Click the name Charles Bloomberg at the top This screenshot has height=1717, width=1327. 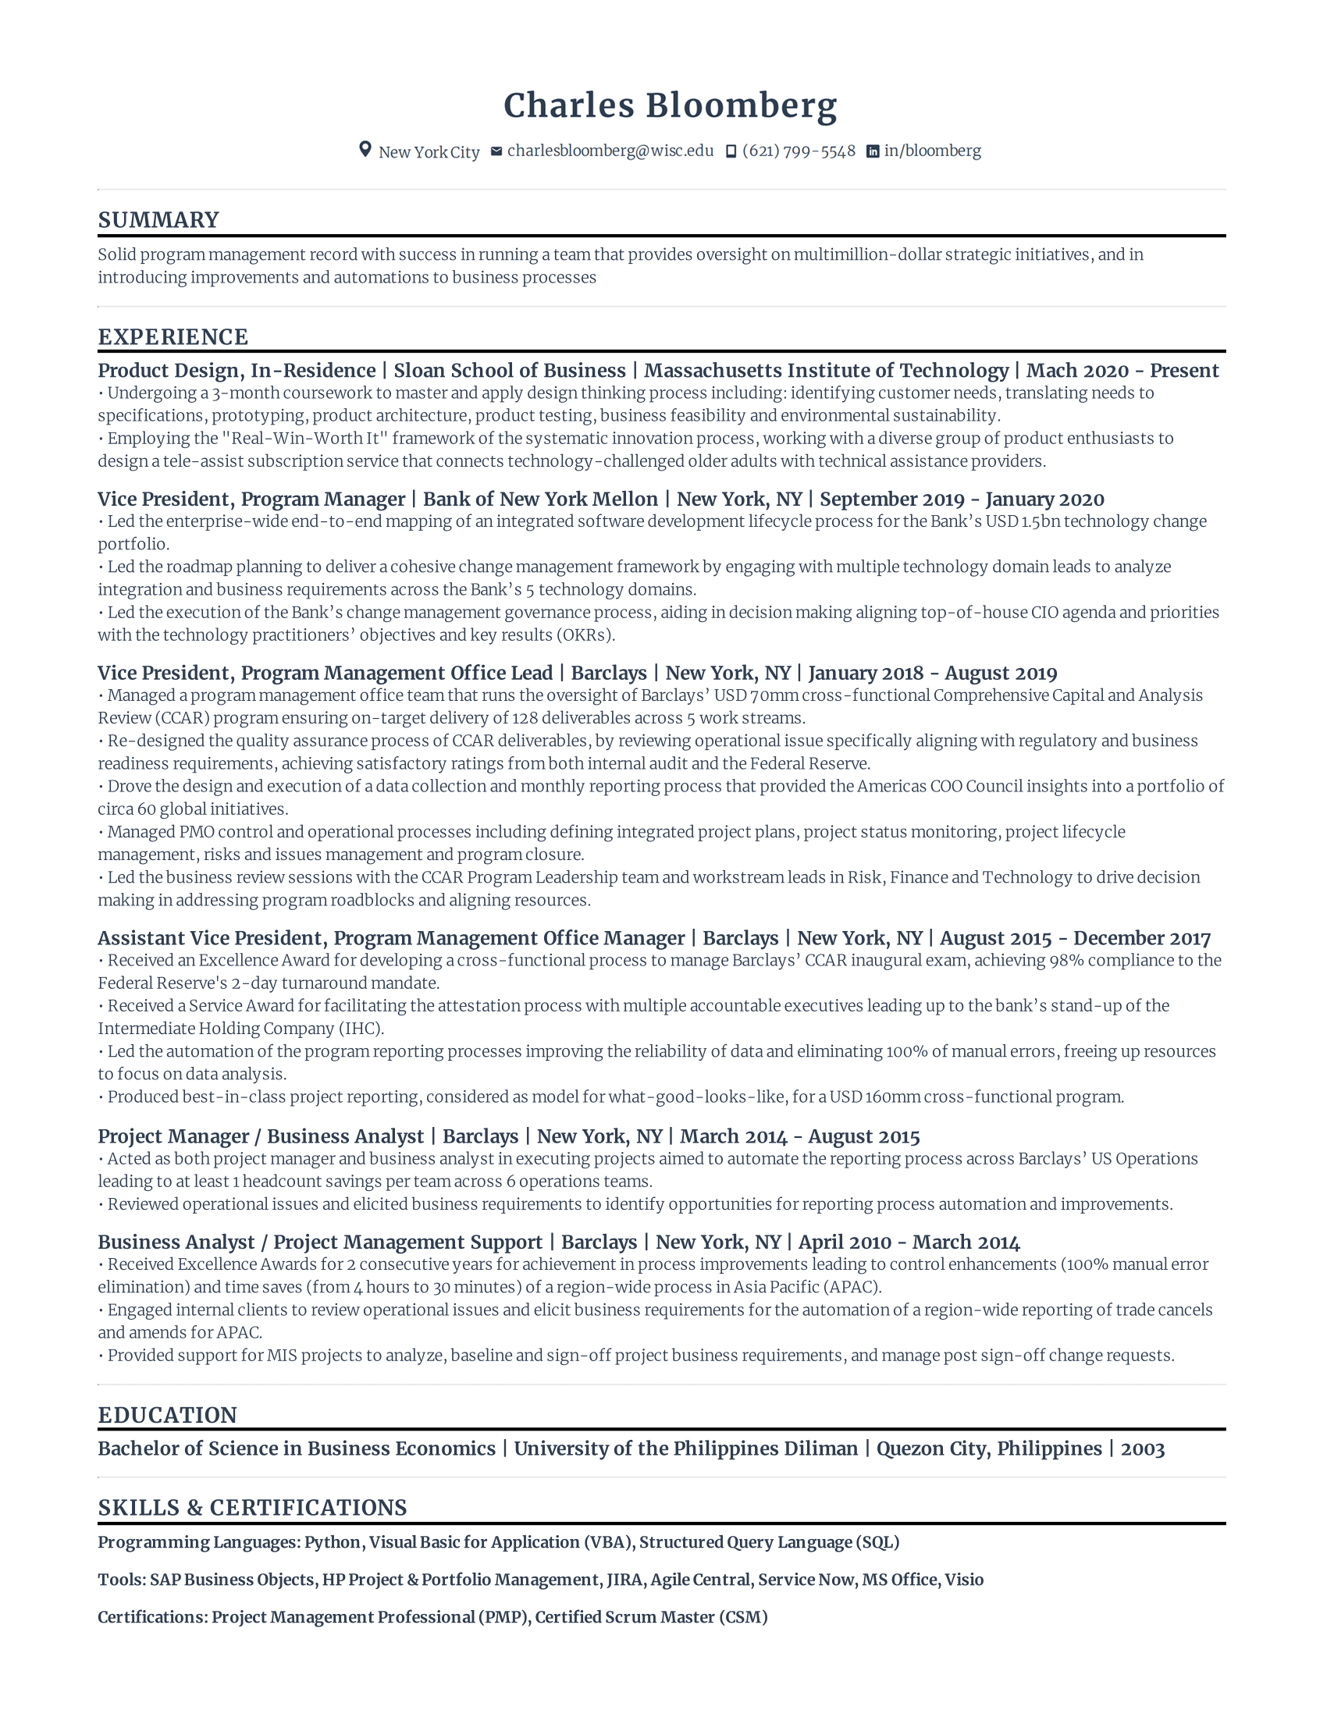(670, 105)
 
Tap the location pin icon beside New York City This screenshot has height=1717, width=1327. (365, 149)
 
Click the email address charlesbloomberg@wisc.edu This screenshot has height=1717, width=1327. (610, 151)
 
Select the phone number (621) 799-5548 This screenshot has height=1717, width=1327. (798, 151)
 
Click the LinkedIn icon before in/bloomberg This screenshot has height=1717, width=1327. (872, 151)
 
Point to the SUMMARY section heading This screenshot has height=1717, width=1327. (158, 220)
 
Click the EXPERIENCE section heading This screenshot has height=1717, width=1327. (173, 337)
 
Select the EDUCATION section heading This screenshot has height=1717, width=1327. (168, 1415)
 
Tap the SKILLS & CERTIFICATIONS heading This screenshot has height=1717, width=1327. (252, 1507)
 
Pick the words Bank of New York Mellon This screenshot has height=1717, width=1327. (540, 499)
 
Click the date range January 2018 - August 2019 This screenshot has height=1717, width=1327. (932, 673)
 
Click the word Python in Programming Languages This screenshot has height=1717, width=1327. (332, 1542)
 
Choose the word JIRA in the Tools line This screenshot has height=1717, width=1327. (624, 1580)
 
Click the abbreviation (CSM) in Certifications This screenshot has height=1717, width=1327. (743, 1617)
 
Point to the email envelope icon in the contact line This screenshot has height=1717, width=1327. (496, 151)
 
